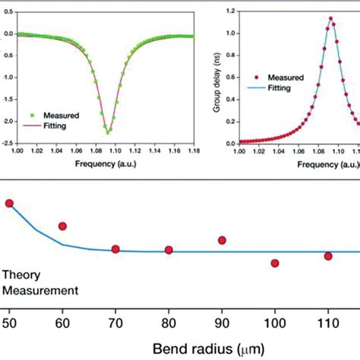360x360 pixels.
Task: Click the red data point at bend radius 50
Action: coord(9,203)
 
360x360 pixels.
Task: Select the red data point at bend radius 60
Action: coord(62,226)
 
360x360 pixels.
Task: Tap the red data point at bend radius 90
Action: coord(222,240)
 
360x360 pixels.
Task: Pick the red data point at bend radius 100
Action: coord(275,263)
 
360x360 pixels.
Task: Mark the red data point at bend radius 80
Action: coord(169,250)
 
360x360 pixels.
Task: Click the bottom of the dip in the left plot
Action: coord(109,132)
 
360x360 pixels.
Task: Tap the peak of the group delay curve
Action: coord(330,17)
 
